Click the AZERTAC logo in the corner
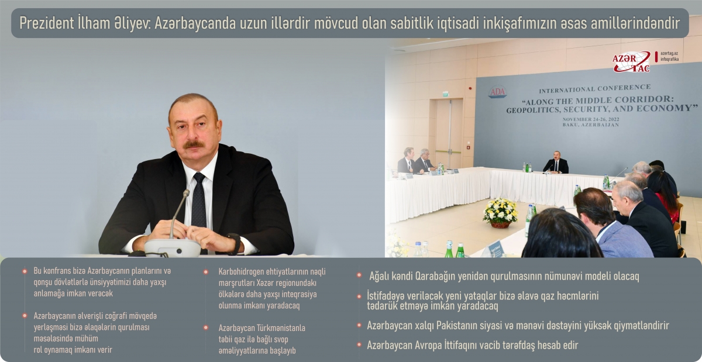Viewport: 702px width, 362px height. [x=631, y=61]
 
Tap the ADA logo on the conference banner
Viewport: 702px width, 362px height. [x=497, y=92]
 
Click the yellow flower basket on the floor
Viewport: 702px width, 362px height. [x=500, y=213]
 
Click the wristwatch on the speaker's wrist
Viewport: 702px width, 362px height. [x=235, y=243]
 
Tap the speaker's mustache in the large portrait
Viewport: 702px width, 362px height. [x=194, y=144]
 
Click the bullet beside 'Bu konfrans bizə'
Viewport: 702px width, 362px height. [x=25, y=271]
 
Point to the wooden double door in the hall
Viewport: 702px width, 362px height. [x=449, y=133]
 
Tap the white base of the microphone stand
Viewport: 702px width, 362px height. [x=173, y=248]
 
